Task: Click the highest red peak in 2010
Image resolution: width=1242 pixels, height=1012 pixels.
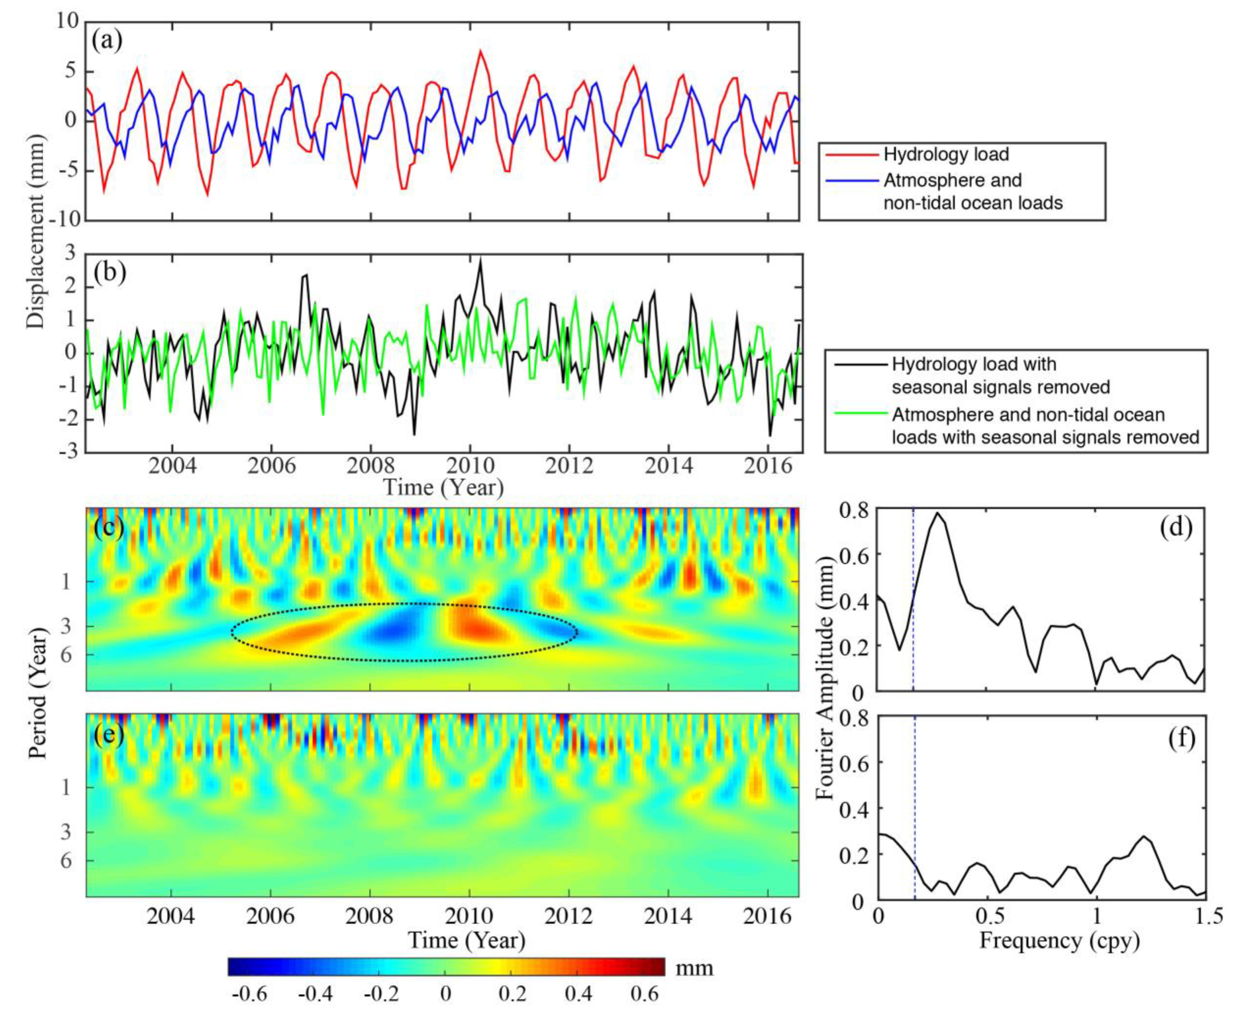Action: click(480, 51)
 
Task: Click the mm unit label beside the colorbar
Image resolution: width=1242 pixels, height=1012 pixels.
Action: click(694, 968)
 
